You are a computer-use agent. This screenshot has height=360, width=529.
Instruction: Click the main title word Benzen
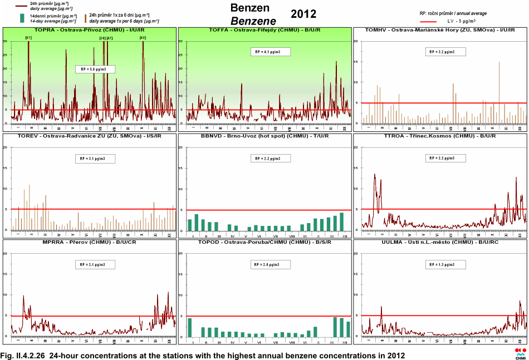pos(250,8)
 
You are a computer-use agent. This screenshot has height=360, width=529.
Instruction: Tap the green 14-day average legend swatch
pos(22,18)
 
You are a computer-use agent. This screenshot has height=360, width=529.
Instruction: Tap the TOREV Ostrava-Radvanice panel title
pos(90,135)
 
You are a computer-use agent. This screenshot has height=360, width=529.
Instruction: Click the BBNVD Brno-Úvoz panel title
pos(265,135)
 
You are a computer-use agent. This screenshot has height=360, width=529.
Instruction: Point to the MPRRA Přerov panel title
pos(90,242)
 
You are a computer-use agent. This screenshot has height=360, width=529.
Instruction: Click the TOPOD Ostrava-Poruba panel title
pos(265,242)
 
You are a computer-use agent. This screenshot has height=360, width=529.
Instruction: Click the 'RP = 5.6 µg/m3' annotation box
pos(95,70)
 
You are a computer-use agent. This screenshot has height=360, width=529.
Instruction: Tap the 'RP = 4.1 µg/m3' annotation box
pos(271,52)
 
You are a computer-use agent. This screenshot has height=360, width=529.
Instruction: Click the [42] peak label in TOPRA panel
pos(143,38)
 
